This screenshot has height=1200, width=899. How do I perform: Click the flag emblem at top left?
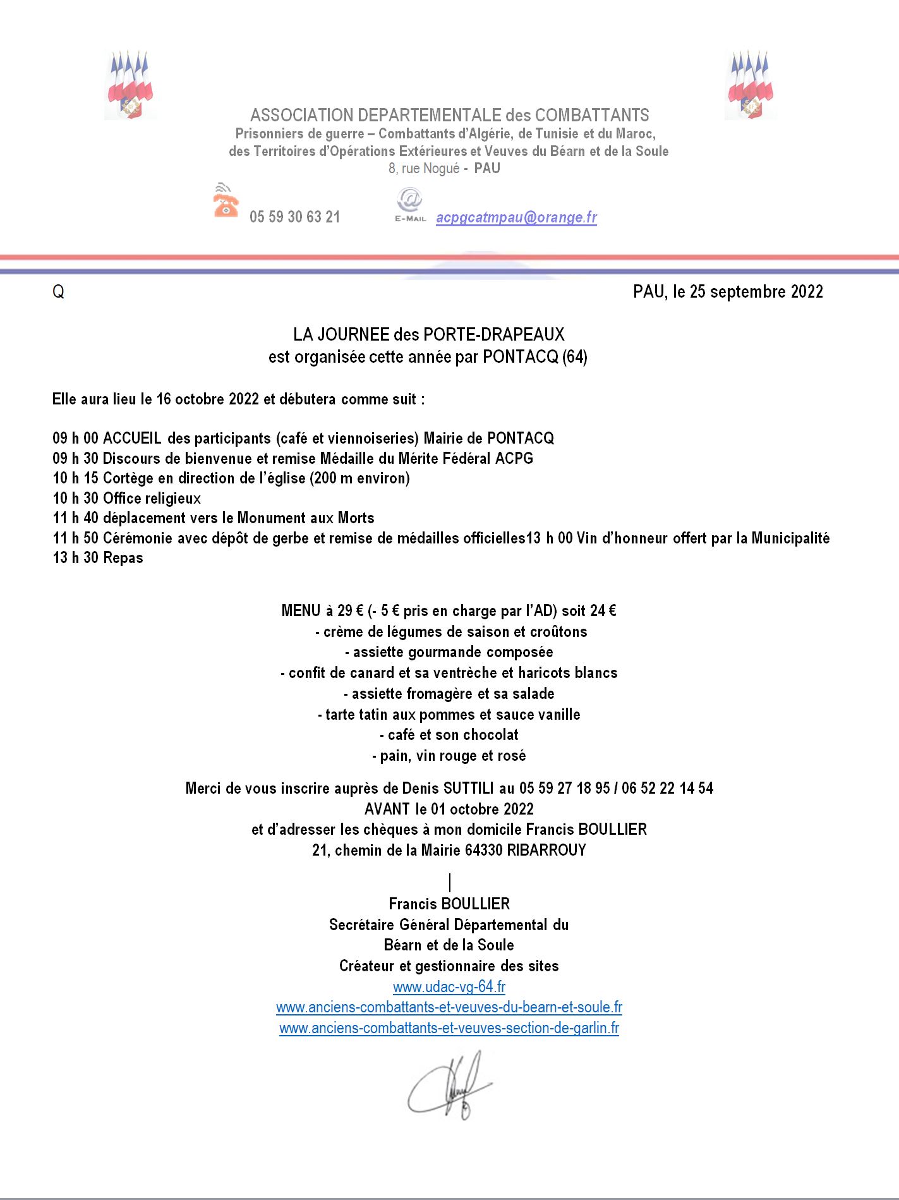[x=130, y=85]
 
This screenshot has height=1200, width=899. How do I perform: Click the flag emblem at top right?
[x=750, y=85]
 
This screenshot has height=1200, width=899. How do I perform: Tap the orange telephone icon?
[x=226, y=202]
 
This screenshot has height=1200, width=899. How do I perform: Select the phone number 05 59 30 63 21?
[x=294, y=217]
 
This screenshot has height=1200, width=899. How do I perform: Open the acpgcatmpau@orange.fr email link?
[x=516, y=217]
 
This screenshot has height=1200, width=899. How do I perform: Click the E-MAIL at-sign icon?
[x=410, y=203]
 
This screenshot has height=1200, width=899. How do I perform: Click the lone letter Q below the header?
[x=58, y=292]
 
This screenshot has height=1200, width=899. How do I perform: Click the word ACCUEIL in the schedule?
[x=132, y=438]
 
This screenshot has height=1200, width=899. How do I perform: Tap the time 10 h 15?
[x=75, y=478]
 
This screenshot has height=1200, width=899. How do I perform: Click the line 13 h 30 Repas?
[x=98, y=558]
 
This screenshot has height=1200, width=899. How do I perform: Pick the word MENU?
[x=301, y=611]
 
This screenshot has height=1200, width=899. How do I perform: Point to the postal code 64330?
[x=483, y=851]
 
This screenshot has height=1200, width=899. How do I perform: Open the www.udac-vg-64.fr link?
[x=449, y=987]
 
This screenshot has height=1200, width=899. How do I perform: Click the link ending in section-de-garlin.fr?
[x=449, y=1028]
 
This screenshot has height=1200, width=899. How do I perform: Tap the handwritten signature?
[x=449, y=1086]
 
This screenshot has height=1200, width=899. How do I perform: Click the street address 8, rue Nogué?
[x=424, y=169]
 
